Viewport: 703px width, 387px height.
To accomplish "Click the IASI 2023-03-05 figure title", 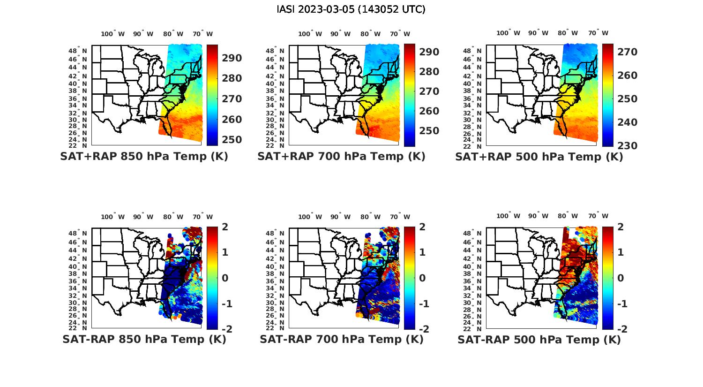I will coord(351,9).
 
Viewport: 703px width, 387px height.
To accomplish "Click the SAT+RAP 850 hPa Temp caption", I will coord(144,156).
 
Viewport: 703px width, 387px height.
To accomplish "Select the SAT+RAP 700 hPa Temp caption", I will coord(341,156).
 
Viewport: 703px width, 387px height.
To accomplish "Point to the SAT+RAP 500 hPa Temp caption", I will coord(539,157).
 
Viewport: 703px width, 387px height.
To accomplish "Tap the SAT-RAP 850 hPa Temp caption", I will coord(144,339).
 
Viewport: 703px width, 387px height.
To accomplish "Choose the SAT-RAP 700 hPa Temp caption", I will coord(341,339).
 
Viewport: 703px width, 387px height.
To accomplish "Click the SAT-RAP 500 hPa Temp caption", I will coord(539,340).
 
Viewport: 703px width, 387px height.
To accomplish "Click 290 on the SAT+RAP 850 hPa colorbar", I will coord(232,58).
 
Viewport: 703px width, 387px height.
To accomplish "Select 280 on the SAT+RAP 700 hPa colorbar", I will coord(429,72).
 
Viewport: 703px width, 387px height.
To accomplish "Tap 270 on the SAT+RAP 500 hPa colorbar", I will coord(628,52).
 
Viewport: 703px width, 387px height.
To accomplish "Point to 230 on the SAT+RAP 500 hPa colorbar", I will coord(628,146).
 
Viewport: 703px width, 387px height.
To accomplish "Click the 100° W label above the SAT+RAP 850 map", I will coord(112,34).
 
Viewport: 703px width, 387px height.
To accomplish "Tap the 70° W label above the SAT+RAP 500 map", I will coord(598,33).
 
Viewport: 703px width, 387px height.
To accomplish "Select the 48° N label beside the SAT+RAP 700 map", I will coord(278,51).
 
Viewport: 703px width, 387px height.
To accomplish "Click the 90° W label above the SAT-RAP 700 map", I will coord(340,217).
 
